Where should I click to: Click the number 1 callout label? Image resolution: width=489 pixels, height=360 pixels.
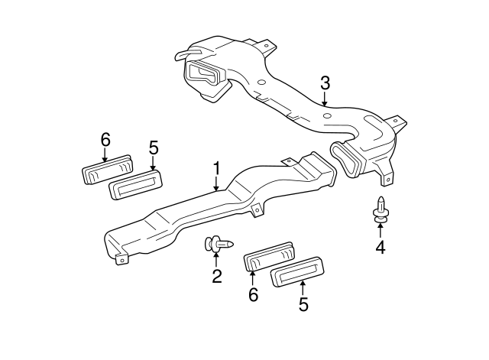click(x=216, y=167)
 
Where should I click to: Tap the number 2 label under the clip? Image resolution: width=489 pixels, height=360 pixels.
click(x=216, y=277)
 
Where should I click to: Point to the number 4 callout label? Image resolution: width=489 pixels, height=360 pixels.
click(x=380, y=246)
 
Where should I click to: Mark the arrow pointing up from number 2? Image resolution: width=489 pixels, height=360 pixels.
click(x=216, y=260)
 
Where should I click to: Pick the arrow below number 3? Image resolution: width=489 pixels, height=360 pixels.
click(x=325, y=98)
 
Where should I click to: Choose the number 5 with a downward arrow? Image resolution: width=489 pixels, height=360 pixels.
click(x=153, y=147)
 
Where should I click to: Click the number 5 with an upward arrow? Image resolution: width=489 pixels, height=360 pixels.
click(x=303, y=304)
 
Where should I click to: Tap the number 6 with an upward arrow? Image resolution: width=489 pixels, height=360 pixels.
click(x=253, y=294)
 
